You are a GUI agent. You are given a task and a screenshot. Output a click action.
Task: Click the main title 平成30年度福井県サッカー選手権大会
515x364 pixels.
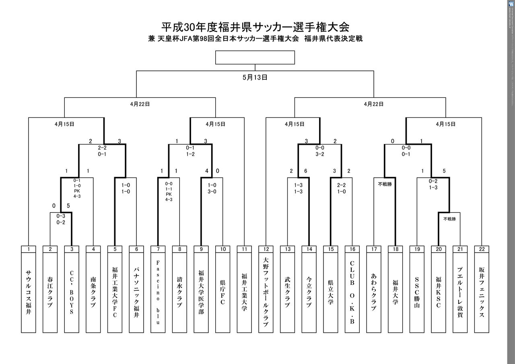click(x=255, y=27)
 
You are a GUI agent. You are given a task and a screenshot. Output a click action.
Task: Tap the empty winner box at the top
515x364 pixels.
click(x=255, y=58)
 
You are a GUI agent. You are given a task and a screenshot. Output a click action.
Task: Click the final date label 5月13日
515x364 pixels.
click(x=255, y=78)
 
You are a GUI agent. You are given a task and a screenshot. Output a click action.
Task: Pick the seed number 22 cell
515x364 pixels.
click(x=482, y=249)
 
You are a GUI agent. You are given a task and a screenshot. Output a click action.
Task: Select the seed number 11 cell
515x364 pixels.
click(x=244, y=249)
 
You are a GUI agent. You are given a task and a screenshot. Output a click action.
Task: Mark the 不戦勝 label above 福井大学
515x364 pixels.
click(x=384, y=185)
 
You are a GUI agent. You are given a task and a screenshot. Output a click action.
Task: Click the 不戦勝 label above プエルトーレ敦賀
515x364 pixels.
click(x=449, y=219)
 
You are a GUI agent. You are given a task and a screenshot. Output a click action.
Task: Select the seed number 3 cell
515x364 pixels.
click(x=72, y=249)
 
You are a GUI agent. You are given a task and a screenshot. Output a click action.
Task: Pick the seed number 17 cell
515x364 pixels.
click(x=374, y=249)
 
